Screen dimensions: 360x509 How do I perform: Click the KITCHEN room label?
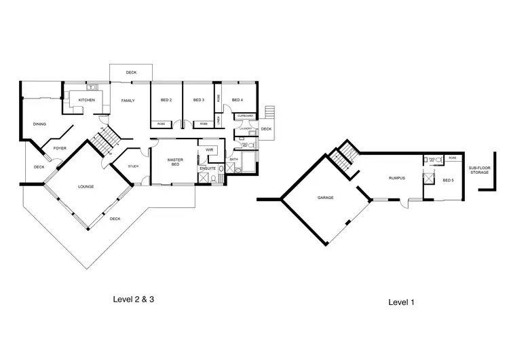pos(86,101)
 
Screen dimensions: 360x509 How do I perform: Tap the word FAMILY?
pos(128,101)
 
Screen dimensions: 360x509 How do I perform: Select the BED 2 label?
pos(166,101)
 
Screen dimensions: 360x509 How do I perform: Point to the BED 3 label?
pos(199,101)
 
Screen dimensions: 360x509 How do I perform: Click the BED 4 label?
pos(237,101)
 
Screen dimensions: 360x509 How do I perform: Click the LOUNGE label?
pos(86,186)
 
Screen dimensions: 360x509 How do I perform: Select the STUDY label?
pos(134,166)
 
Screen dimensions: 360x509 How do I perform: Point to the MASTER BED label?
pos(176,162)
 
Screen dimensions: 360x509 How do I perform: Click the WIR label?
pos(210,149)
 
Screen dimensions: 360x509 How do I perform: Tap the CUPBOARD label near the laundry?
pos(245,116)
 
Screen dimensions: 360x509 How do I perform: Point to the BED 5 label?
pos(447,181)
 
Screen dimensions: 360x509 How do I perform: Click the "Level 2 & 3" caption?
pos(138,298)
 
